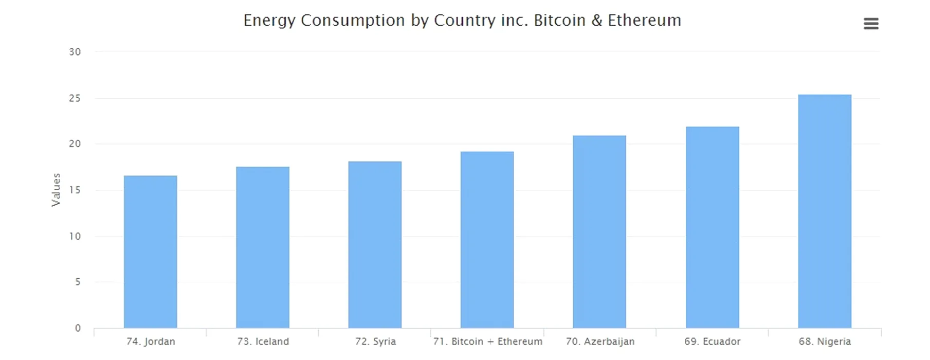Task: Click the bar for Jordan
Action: pyautogui.click(x=150, y=252)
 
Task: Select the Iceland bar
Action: pyautogui.click(x=263, y=247)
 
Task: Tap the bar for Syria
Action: pyautogui.click(x=375, y=245)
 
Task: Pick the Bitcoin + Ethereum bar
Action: pyautogui.click(x=487, y=240)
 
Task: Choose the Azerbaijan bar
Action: pyautogui.click(x=599, y=232)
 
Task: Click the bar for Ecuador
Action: pyautogui.click(x=712, y=227)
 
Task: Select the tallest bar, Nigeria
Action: pyautogui.click(x=825, y=211)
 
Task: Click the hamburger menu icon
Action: pyautogui.click(x=871, y=24)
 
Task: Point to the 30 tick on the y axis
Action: pyautogui.click(x=75, y=52)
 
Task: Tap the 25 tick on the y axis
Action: pyautogui.click(x=75, y=98)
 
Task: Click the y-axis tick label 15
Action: pyautogui.click(x=75, y=190)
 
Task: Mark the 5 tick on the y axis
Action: pyautogui.click(x=78, y=282)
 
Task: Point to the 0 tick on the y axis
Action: pyautogui.click(x=78, y=328)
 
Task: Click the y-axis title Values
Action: pyautogui.click(x=56, y=190)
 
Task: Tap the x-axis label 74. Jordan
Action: pyautogui.click(x=151, y=341)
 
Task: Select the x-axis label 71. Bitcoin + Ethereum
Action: pyautogui.click(x=487, y=341)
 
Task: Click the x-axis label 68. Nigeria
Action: pyautogui.click(x=825, y=341)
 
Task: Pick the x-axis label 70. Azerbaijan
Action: pyautogui.click(x=600, y=341)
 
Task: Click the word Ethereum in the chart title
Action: pyautogui.click(x=644, y=21)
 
